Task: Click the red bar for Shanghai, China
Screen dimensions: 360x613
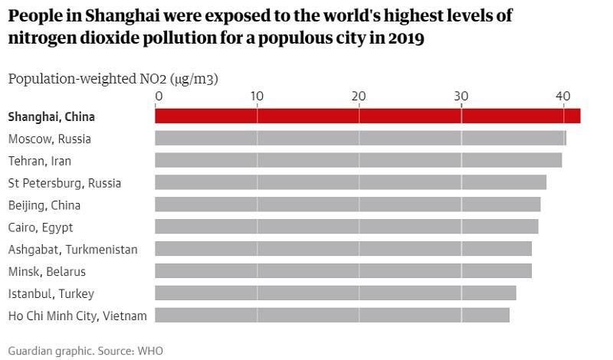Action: pyautogui.click(x=368, y=116)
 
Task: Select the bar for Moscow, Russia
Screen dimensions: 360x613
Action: pyautogui.click(x=360, y=139)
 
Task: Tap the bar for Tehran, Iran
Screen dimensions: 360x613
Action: pyautogui.click(x=358, y=160)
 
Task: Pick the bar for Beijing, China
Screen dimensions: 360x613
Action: pyautogui.click(x=347, y=205)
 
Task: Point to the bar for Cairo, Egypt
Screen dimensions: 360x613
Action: pyautogui.click(x=346, y=227)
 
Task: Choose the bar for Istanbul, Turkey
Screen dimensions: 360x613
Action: pyautogui.click(x=336, y=293)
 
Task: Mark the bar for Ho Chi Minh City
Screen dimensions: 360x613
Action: pyautogui.click(x=332, y=316)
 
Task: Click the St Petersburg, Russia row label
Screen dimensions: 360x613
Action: pyautogui.click(x=64, y=183)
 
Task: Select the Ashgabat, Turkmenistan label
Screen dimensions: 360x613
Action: pyautogui.click(x=73, y=250)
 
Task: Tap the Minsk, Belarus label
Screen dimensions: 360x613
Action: pyautogui.click(x=47, y=272)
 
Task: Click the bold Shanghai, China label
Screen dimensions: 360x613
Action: pyautogui.click(x=51, y=117)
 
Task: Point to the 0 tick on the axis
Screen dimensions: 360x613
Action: pyautogui.click(x=159, y=96)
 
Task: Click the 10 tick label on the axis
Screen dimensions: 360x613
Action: pyautogui.click(x=257, y=96)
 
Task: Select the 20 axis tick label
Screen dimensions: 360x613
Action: pyautogui.click(x=359, y=96)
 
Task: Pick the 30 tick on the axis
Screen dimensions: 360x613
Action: pyautogui.click(x=461, y=96)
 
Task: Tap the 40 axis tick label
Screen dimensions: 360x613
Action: pyautogui.click(x=562, y=96)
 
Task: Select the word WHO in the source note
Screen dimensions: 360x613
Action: pyautogui.click(x=151, y=351)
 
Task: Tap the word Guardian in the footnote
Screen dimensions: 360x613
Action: pyautogui.click(x=31, y=351)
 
